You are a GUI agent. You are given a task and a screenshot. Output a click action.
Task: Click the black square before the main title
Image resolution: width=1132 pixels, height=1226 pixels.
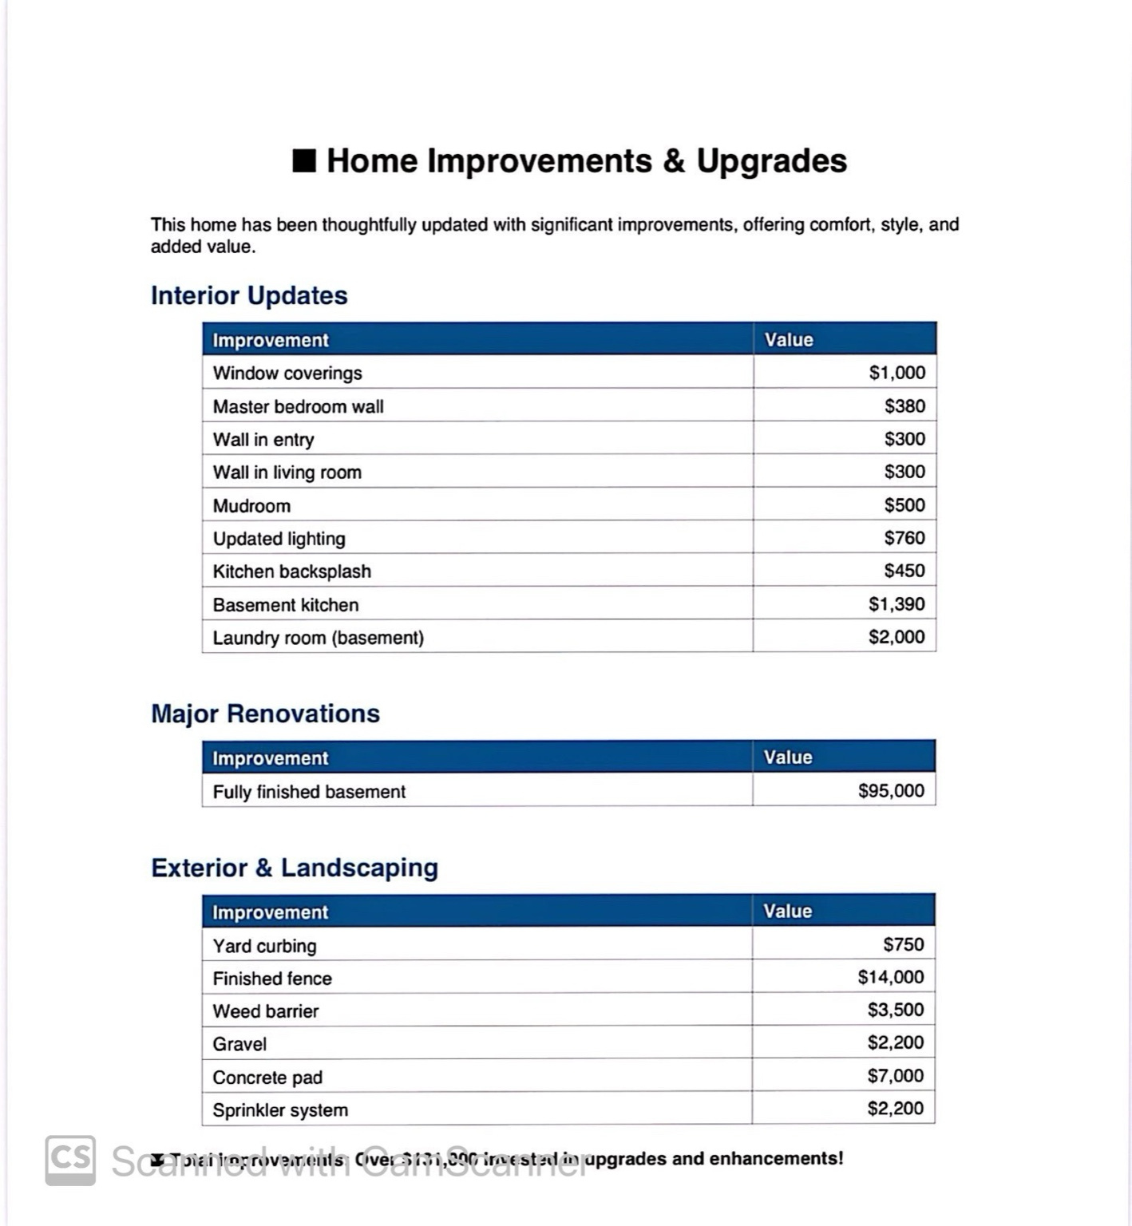[304, 160]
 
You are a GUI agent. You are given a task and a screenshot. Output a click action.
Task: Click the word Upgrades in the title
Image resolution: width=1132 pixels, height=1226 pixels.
[771, 160]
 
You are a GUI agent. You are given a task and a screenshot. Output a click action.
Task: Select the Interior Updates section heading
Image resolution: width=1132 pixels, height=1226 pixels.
[249, 295]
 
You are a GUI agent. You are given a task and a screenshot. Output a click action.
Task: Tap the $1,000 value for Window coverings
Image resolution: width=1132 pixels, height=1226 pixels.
[896, 373]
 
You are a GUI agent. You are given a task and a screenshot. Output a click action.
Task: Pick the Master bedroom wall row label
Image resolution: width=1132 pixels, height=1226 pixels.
[298, 406]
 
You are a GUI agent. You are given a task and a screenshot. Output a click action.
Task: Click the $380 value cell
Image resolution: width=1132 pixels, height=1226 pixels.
[904, 406]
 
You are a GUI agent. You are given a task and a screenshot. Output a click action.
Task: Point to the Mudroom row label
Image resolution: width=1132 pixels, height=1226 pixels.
[251, 506]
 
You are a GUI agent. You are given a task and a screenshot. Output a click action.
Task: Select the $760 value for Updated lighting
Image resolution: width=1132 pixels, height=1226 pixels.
[904, 538]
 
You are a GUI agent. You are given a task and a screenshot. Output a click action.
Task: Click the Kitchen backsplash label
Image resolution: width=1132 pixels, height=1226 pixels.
[291, 571]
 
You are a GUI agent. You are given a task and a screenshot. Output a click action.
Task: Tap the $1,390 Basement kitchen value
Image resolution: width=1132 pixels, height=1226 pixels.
[896, 604]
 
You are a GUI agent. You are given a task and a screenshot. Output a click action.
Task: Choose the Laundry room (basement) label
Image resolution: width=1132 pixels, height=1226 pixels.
[318, 638]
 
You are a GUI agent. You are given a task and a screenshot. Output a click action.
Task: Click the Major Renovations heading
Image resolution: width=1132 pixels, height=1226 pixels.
[265, 714]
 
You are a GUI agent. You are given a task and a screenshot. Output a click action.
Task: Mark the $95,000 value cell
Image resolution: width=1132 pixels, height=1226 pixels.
[891, 791]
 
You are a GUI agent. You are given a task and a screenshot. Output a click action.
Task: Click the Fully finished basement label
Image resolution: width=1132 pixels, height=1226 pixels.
[309, 792]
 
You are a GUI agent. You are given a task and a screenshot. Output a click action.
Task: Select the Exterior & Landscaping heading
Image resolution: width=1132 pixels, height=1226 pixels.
[295, 868]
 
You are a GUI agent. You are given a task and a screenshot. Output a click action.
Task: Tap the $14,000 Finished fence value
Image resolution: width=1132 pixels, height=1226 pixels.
[891, 977]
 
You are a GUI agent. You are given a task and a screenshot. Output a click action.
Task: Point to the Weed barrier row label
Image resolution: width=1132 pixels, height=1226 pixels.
[265, 1011]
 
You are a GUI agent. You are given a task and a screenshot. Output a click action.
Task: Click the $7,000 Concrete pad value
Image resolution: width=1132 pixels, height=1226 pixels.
[896, 1076]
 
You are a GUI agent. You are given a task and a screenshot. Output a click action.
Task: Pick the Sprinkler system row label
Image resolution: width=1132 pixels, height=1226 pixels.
[280, 1110]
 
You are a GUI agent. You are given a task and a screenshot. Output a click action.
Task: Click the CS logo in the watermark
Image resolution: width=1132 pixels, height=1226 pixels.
[70, 1160]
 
